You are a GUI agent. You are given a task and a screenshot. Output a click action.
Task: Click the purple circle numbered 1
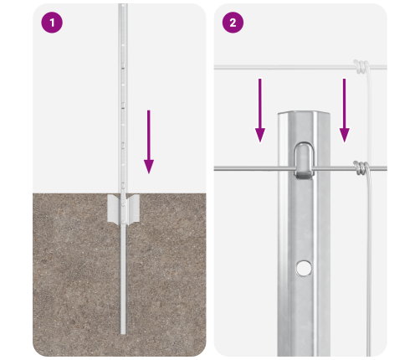[x=52, y=23]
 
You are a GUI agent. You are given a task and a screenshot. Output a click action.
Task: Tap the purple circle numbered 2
[x=233, y=23]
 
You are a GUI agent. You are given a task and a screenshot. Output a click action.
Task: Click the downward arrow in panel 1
[x=149, y=141]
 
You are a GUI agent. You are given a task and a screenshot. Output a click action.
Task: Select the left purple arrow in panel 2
[x=260, y=111]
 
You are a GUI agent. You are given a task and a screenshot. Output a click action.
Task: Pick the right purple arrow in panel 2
[x=344, y=111]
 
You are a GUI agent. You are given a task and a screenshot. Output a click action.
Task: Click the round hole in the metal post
[x=304, y=268]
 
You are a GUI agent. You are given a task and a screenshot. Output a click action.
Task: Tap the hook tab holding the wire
[x=304, y=161]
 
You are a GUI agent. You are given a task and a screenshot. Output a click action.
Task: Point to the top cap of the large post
[x=304, y=113]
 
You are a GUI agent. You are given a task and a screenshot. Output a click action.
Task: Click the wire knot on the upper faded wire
[x=361, y=67]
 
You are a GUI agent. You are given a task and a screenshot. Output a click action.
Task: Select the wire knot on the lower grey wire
[x=361, y=168]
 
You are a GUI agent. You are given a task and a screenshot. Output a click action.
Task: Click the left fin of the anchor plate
[x=114, y=208]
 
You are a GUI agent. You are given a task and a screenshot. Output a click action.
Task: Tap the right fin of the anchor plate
[x=133, y=209]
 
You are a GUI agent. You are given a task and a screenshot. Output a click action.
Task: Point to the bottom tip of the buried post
[x=123, y=333]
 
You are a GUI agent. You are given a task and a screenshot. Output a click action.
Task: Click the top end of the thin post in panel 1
[x=123, y=4]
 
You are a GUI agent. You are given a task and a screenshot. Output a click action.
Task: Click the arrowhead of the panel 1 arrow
[x=149, y=167]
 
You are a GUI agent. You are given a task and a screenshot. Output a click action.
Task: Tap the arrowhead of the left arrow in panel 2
[x=260, y=136]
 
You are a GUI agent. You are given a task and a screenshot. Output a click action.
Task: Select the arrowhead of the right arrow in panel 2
[x=344, y=136]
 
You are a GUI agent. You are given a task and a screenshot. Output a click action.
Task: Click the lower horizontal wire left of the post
[x=246, y=168]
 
